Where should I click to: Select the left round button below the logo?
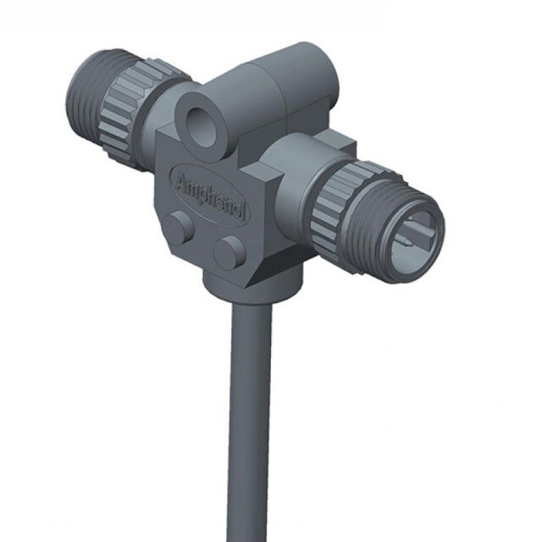pyautogui.click(x=178, y=226)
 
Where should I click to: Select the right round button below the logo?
pyautogui.click(x=228, y=252)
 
